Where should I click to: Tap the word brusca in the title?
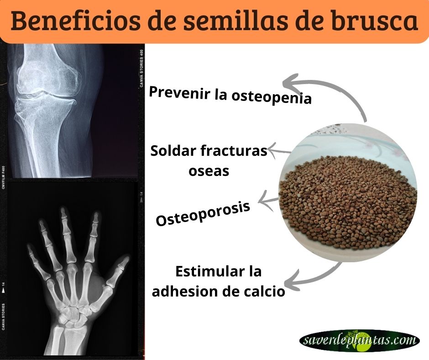click(x=375, y=21)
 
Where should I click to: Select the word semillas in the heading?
click(x=235, y=21)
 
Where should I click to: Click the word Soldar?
click(x=173, y=151)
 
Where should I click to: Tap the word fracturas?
click(x=234, y=151)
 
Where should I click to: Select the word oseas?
click(x=209, y=171)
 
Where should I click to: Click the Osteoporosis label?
click(x=203, y=214)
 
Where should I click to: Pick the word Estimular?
click(x=210, y=271)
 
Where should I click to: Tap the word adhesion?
click(x=185, y=291)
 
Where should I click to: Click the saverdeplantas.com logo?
click(x=360, y=340)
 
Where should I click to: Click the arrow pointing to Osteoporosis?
click(x=268, y=201)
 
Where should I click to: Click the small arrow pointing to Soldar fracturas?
click(x=279, y=151)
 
